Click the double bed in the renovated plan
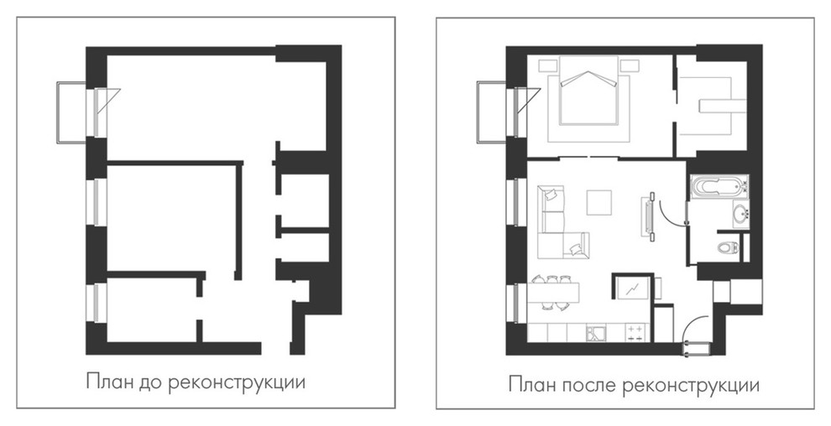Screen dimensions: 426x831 [x=588, y=98]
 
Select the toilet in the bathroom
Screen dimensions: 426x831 [x=728, y=247]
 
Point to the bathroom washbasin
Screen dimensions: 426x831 [x=740, y=215]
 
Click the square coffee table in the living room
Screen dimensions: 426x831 [x=600, y=203]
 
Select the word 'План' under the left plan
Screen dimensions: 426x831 [x=107, y=383]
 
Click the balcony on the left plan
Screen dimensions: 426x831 [x=71, y=112]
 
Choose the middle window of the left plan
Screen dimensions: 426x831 [x=97, y=201]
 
